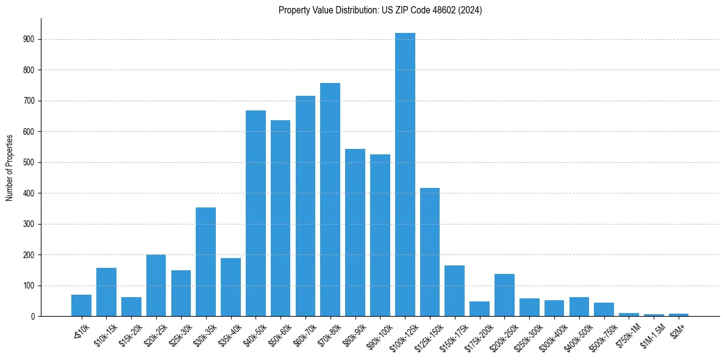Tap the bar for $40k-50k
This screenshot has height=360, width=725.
pos(255,214)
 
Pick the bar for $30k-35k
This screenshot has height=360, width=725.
pos(205,262)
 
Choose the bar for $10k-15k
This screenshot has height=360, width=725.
pos(106,292)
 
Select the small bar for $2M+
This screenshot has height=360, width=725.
pos(679,315)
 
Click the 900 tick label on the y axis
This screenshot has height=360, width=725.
pos(29,39)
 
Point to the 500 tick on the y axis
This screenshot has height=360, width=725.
pos(29,162)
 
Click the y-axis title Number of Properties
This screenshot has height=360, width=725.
pos(9,167)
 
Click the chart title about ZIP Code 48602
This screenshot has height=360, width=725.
pos(380,10)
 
